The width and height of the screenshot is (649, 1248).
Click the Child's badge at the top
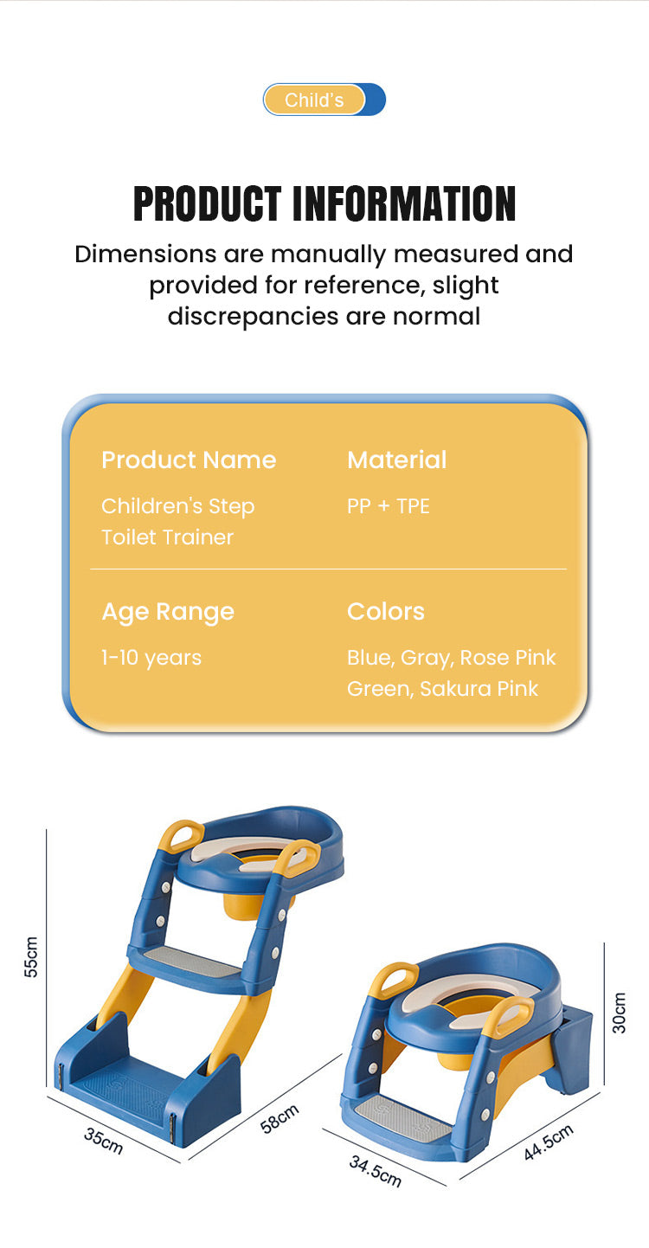tap(324, 100)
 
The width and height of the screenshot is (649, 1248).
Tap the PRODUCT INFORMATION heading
tap(324, 204)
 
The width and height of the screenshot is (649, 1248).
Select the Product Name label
tap(189, 460)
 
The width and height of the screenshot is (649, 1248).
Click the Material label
tap(396, 460)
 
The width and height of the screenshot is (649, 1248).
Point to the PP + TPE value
tap(389, 506)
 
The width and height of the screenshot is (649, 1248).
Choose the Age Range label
tap(168, 612)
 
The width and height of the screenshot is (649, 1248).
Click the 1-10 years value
tap(151, 658)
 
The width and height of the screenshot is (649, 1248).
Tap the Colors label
tap(385, 612)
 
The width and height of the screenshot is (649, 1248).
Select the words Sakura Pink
tap(479, 689)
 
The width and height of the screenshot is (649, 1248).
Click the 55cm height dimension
tap(31, 956)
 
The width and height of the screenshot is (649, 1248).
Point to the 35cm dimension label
tap(103, 1141)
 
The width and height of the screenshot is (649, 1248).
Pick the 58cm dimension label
tap(280, 1119)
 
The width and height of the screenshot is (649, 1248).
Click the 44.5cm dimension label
tap(549, 1142)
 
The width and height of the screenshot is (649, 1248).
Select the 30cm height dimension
tap(619, 1013)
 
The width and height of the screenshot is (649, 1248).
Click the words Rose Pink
tap(508, 658)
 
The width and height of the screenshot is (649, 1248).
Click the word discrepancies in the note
tap(254, 317)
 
